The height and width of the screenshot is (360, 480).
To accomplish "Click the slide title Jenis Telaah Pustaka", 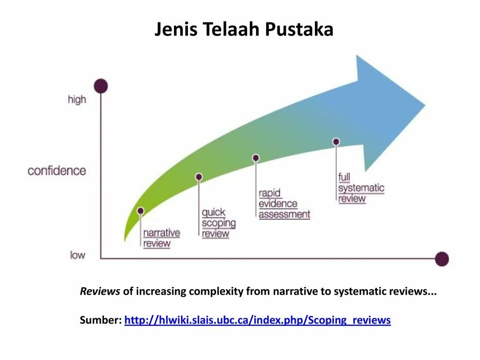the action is (x=244, y=30).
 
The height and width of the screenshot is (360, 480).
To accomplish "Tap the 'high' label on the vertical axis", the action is (x=77, y=99).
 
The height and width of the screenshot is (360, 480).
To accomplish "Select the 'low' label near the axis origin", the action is (x=78, y=255).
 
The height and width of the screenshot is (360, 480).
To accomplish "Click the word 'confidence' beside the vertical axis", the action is (x=57, y=171).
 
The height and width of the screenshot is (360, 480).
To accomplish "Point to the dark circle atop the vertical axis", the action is (x=100, y=86).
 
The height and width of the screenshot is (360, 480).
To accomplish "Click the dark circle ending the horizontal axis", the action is (x=442, y=259).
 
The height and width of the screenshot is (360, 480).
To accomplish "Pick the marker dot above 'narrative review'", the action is (x=141, y=211).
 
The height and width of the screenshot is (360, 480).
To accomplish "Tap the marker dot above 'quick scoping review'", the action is (x=199, y=177).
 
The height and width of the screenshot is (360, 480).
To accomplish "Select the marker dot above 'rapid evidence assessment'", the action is (x=256, y=158).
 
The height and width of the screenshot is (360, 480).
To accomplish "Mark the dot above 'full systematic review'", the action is (x=336, y=142).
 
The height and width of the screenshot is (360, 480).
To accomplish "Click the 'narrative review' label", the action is (x=161, y=238).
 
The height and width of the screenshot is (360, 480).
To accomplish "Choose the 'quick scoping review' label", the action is (x=218, y=223).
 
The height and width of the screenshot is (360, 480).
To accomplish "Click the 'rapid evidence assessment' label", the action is (x=284, y=204).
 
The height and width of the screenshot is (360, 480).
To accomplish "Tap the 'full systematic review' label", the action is (x=361, y=188).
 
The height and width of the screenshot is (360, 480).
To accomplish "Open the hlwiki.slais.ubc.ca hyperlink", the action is (x=257, y=320).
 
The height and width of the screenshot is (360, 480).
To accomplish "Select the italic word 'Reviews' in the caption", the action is (x=100, y=292).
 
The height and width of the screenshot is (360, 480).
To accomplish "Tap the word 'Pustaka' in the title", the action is (x=299, y=30).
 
